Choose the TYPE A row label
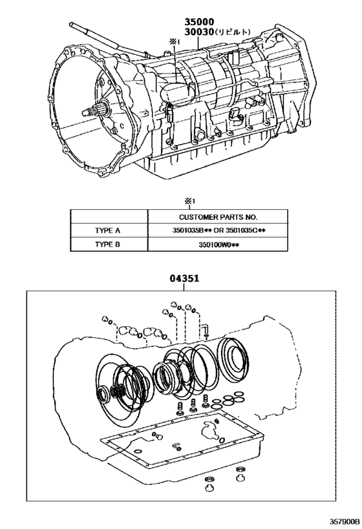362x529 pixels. tap(109, 230)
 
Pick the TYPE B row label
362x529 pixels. tap(109, 244)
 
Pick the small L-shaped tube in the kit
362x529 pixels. tap(204, 331)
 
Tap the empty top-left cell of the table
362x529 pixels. tap(109, 217)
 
